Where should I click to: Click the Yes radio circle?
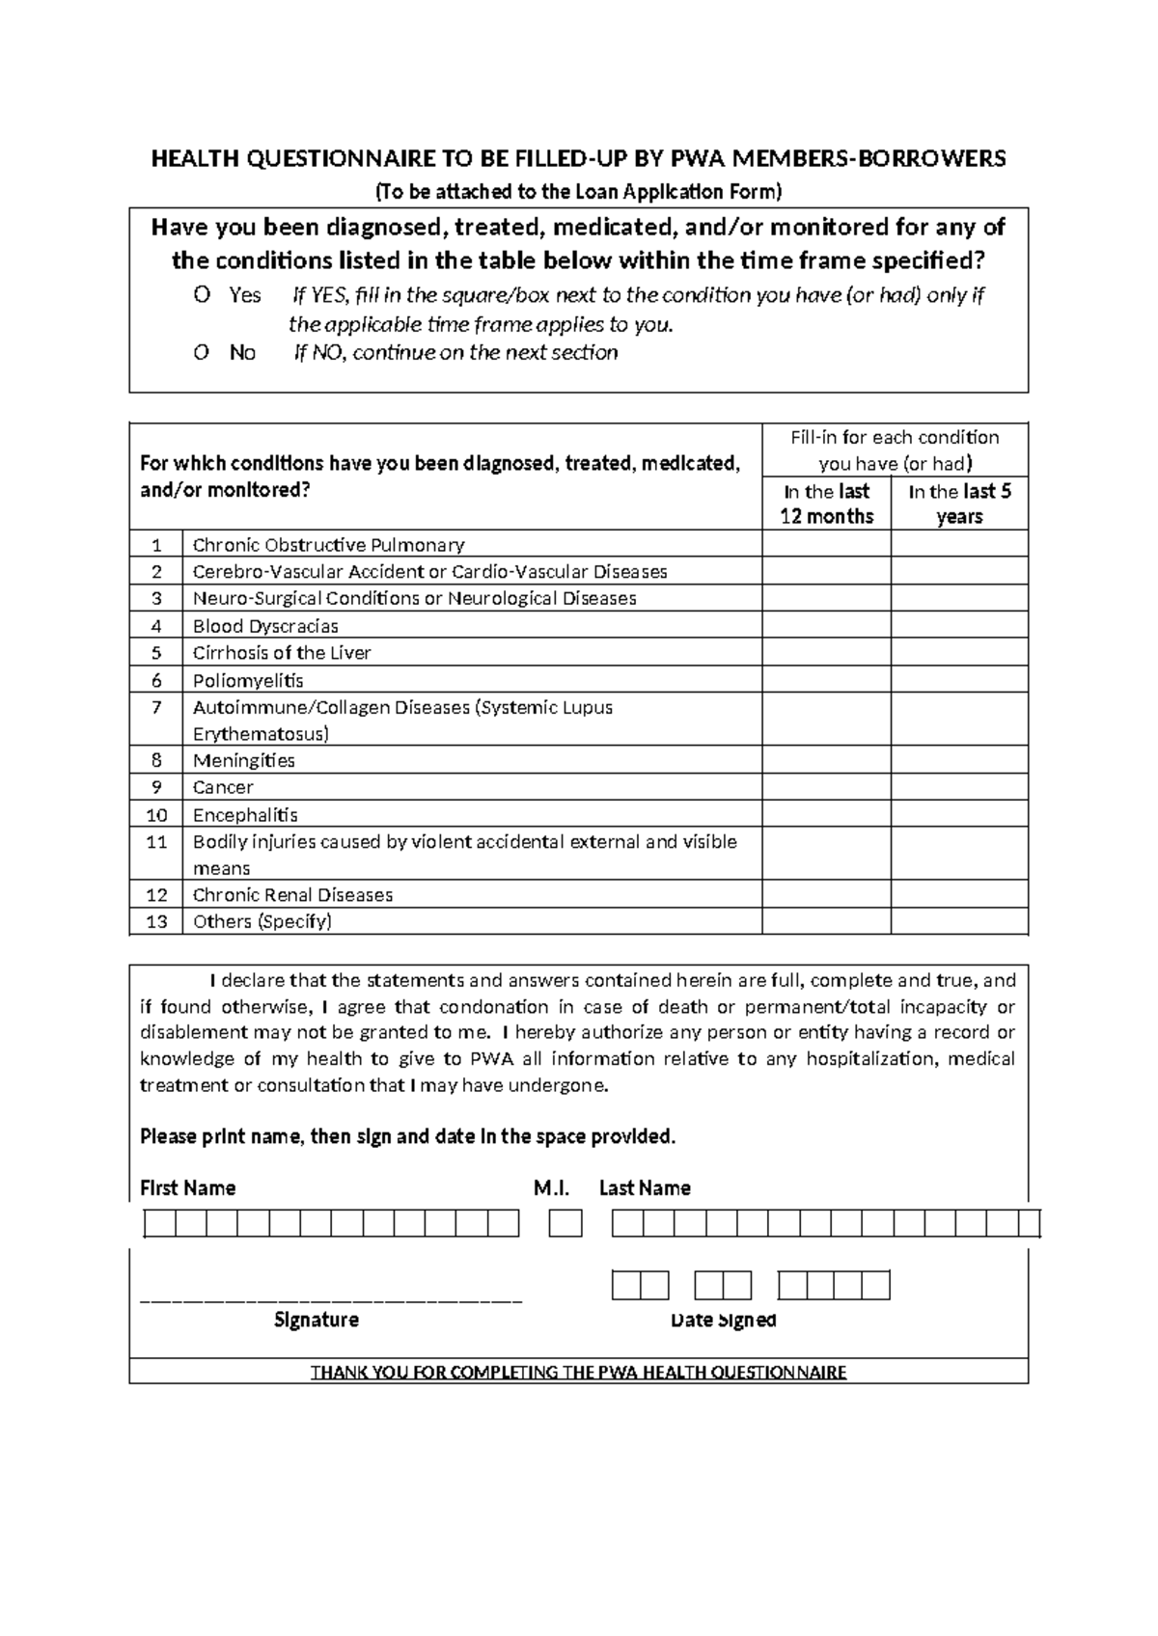(x=202, y=295)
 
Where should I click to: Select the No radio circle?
(x=202, y=353)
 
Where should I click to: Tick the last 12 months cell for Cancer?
(x=826, y=787)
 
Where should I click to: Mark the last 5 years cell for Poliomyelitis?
(x=959, y=680)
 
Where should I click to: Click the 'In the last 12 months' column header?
(x=826, y=504)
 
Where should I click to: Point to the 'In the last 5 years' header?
(x=959, y=504)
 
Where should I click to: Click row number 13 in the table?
(x=156, y=921)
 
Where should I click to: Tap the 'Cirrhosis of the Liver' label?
(x=282, y=653)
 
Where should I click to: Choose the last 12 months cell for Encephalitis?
(x=826, y=814)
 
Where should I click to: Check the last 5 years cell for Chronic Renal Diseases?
(x=959, y=894)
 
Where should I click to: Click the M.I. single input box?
(x=566, y=1224)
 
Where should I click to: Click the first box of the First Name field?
(x=160, y=1224)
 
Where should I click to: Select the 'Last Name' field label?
(x=645, y=1188)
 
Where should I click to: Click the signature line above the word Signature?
(x=331, y=1301)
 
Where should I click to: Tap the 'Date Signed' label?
(x=723, y=1320)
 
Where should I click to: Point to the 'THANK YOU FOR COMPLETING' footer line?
(x=578, y=1372)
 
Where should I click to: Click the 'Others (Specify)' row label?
(x=262, y=921)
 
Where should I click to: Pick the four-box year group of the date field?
(x=834, y=1286)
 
